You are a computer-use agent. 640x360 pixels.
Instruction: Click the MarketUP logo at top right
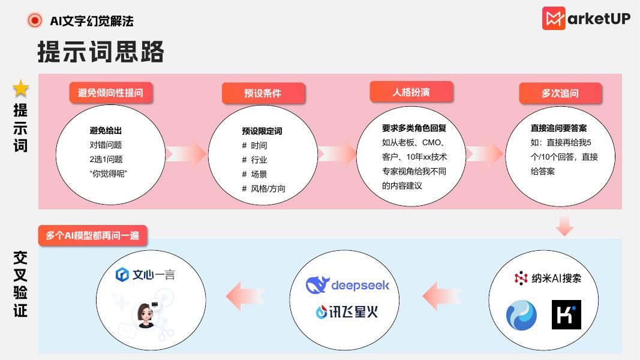point(586,18)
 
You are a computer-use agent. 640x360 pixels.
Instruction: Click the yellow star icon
point(21,89)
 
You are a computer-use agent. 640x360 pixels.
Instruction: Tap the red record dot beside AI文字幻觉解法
point(35,20)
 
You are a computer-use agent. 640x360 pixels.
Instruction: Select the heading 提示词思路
point(101,52)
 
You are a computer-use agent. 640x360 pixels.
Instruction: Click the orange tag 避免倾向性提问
point(110,92)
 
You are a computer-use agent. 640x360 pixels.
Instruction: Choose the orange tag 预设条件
point(263,93)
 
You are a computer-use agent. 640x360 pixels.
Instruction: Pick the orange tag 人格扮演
point(411,92)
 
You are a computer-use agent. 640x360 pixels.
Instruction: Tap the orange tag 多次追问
point(560,93)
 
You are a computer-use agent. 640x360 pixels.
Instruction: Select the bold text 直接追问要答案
point(558,128)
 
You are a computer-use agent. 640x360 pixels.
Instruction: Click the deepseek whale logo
point(317,285)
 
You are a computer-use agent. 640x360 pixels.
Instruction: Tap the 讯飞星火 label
point(347,312)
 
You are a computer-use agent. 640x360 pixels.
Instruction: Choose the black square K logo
point(566,315)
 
